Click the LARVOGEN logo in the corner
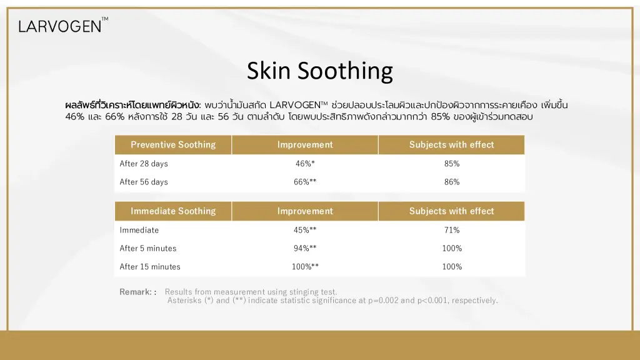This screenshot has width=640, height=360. pos(63,25)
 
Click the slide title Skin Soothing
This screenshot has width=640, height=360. pos(319,71)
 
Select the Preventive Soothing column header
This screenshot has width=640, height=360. pos(173,144)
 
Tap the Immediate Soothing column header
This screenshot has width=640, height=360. pos(173,211)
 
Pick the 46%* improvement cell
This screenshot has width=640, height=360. pos(305,164)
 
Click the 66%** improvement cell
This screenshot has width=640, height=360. pos(305,182)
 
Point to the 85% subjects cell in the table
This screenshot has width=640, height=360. pos(452,164)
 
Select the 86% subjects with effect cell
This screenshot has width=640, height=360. pos(452,182)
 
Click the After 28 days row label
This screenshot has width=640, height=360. pos(144,164)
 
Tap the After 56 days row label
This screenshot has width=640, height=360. pos(144,182)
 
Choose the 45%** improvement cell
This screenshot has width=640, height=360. pos(305,230)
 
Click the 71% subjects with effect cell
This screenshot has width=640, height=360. pos(452,230)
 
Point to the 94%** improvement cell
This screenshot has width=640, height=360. pos(305,248)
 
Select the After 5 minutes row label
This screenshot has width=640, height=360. pos(148,248)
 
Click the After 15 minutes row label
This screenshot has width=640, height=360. pos(150,266)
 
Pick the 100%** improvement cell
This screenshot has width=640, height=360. pos(305,266)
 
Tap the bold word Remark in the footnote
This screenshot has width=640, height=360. pos(136,292)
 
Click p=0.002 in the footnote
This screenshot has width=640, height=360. pos(383,301)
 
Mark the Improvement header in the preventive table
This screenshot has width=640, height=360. pos(305,144)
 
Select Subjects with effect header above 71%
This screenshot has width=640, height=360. pos(451,211)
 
